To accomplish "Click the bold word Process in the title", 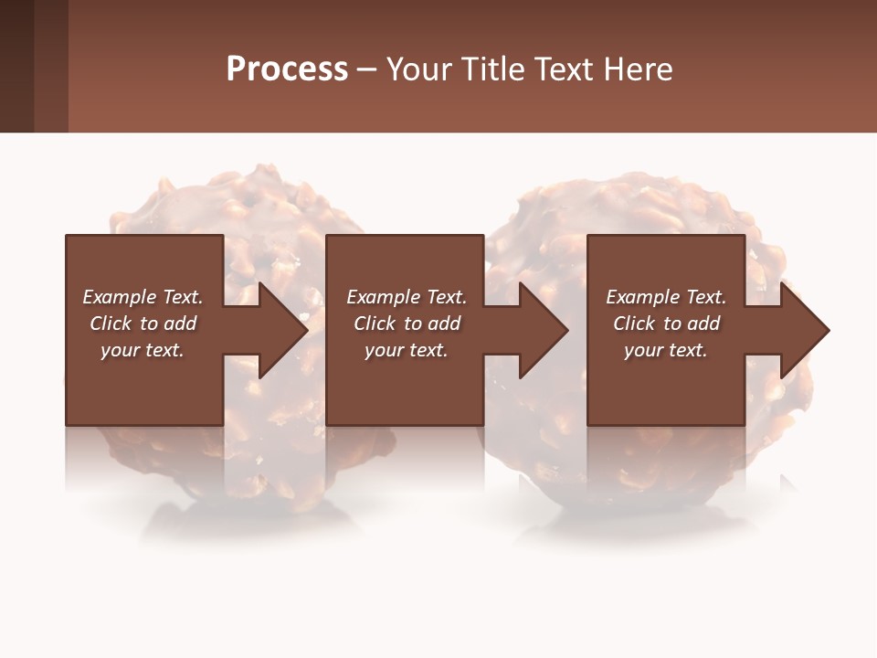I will pos(287,69).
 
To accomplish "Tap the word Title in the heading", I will pos(491,69).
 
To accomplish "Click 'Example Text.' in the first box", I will pos(143,297).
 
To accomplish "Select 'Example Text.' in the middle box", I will pos(406,297).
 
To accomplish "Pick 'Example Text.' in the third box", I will pos(666,297).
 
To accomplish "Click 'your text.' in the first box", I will pos(143,350).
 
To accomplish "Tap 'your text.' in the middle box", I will pos(406,350).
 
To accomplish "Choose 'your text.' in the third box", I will pos(666,350).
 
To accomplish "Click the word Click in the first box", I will pos(111,324).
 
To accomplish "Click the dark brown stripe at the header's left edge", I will pos(16,66).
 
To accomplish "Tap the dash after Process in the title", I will pos(366,69).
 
